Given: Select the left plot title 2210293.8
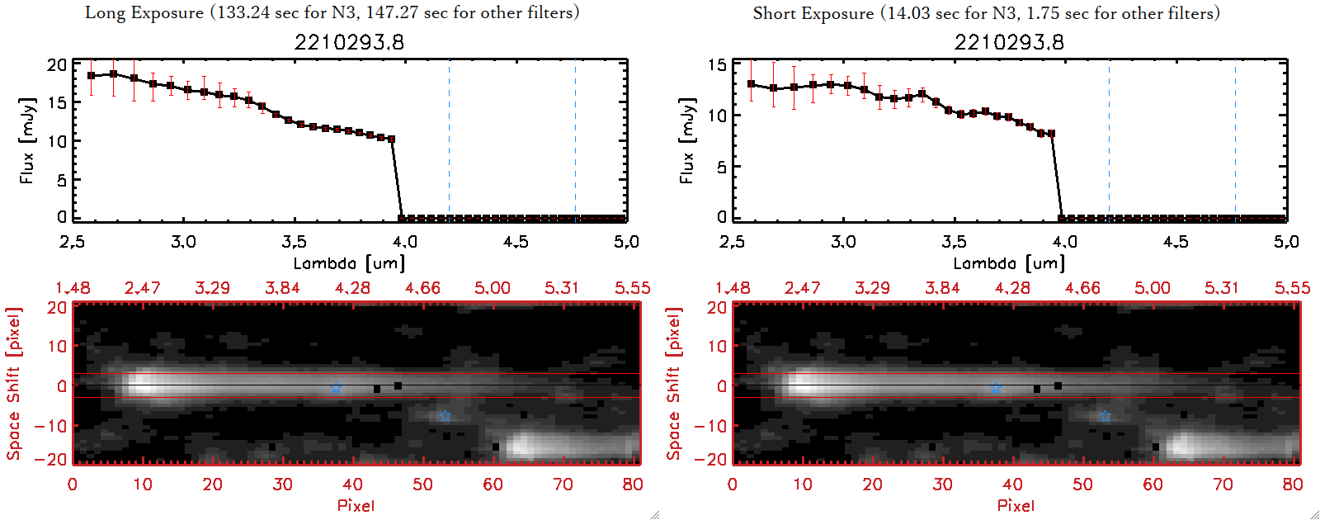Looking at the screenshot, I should click(349, 42).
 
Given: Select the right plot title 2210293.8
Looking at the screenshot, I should click(1009, 42).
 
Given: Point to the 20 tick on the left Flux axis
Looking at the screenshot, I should click(57, 64).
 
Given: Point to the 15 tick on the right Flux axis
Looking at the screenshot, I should click(717, 64).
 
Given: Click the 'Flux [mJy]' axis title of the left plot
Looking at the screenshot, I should click(27, 140).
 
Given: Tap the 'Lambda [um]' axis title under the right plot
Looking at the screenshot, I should click(1009, 263).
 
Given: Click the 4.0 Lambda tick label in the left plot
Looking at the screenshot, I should click(405, 242).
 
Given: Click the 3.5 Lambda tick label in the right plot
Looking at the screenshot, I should click(954, 242).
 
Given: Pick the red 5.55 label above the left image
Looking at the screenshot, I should click(632, 288).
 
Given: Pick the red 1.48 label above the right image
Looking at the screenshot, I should click(733, 288).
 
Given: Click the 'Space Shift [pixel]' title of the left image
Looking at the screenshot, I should click(13, 384).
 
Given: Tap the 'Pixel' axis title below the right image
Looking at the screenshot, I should click(1016, 505).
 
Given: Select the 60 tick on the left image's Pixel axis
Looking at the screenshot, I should click(493, 485).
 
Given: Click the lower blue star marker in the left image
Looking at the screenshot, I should click(445, 416).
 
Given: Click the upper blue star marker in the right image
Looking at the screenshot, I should click(996, 388).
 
